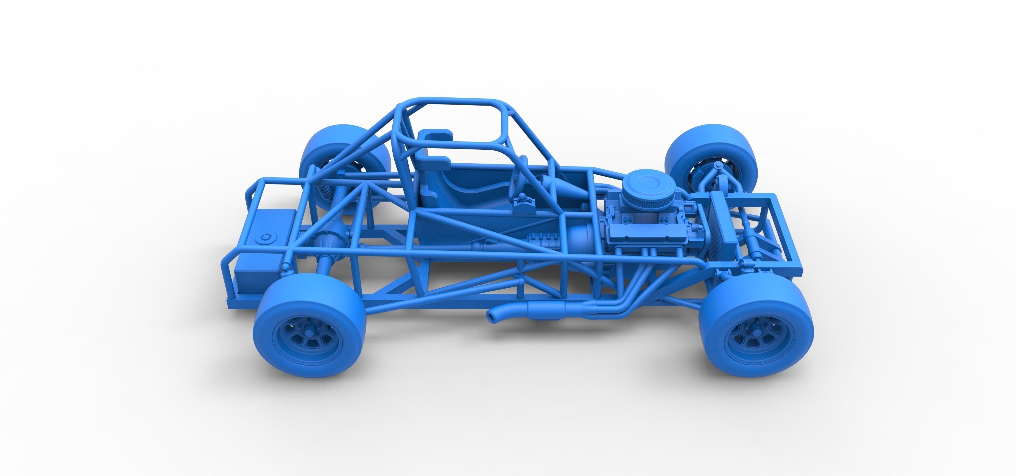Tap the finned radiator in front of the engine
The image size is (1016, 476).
point(722,226)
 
